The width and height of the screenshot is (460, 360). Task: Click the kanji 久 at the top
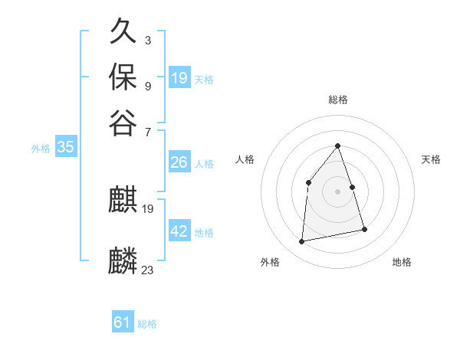[x=123, y=32]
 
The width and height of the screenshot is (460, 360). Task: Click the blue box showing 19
[x=179, y=77]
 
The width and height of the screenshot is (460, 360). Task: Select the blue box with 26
[x=179, y=162]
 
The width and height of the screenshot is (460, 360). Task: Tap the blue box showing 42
[x=179, y=231]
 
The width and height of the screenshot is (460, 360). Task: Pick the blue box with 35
[x=65, y=148]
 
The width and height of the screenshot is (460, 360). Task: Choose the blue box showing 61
[x=123, y=322]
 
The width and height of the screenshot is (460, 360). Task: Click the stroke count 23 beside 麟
[x=148, y=270]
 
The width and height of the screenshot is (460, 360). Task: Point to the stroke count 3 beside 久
[x=148, y=40]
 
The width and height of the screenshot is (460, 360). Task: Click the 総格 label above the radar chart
[x=338, y=100]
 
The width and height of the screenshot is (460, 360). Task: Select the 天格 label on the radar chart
[x=431, y=159]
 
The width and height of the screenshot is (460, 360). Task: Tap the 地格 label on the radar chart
[x=402, y=262]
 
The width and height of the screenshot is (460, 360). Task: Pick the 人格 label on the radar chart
[x=245, y=159]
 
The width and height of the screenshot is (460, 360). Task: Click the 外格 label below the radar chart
[x=270, y=262]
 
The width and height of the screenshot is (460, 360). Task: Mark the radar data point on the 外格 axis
[x=302, y=242]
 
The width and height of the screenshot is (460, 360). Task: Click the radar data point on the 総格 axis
[x=338, y=146]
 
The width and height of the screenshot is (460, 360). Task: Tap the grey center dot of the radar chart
[x=338, y=191]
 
